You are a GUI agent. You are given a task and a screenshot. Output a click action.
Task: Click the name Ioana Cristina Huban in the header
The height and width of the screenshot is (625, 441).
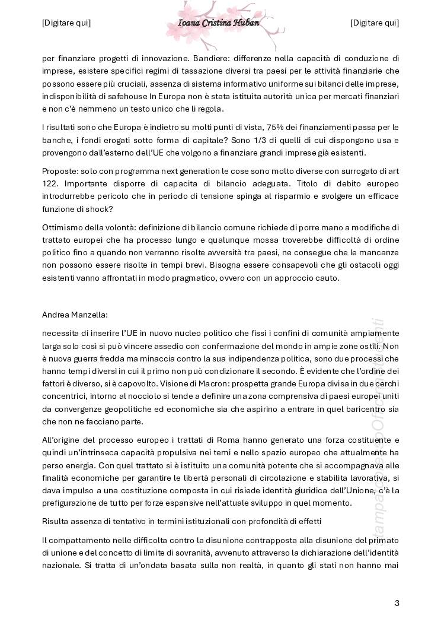tap(219, 23)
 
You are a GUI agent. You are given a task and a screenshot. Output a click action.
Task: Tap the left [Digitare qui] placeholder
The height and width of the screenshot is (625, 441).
tap(66, 23)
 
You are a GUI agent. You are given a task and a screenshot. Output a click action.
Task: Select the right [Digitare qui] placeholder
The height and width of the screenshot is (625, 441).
tap(374, 23)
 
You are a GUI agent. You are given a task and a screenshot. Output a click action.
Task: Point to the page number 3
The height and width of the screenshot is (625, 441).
tap(397, 603)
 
